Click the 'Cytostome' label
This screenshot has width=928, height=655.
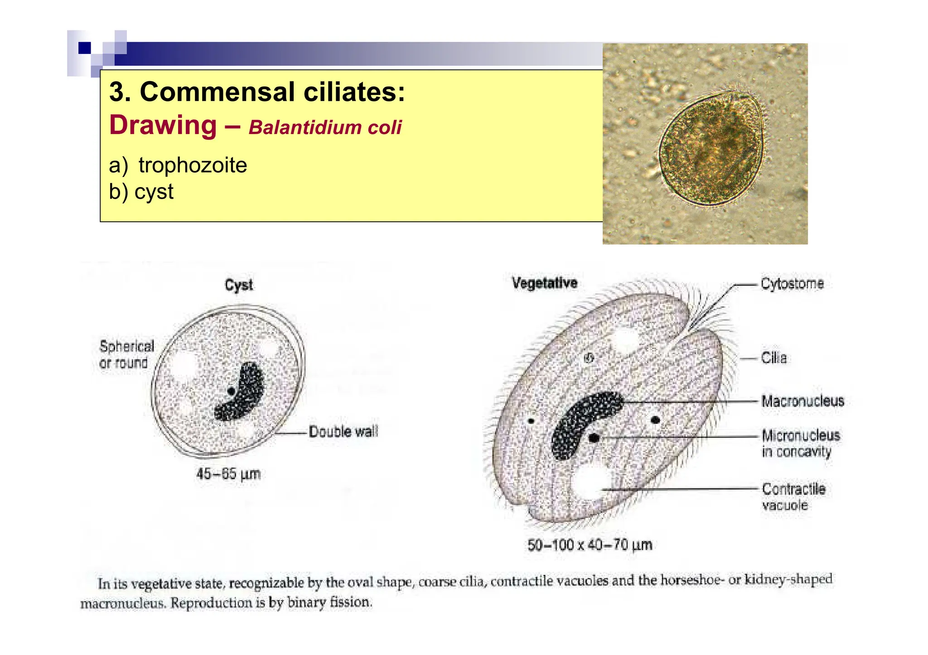(792, 284)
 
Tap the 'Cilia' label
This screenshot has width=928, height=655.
(773, 358)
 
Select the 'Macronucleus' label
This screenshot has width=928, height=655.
(802, 401)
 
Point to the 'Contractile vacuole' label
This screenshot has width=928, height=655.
(793, 497)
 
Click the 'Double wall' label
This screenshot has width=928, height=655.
(343, 432)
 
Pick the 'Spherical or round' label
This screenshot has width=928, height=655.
(126, 354)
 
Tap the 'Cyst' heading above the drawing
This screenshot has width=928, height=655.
(239, 285)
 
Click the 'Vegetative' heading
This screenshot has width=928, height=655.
(544, 283)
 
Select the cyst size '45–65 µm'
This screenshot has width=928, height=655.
(228, 474)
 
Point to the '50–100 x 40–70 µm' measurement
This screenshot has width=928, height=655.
(590, 545)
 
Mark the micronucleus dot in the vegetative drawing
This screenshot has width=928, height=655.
(594, 438)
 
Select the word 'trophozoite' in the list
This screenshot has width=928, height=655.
(193, 165)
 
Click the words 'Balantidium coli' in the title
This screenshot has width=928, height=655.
(325, 128)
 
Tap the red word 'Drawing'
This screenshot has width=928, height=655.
(163, 125)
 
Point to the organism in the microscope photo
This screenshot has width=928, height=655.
(711, 148)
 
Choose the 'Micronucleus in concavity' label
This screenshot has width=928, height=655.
(800, 444)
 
